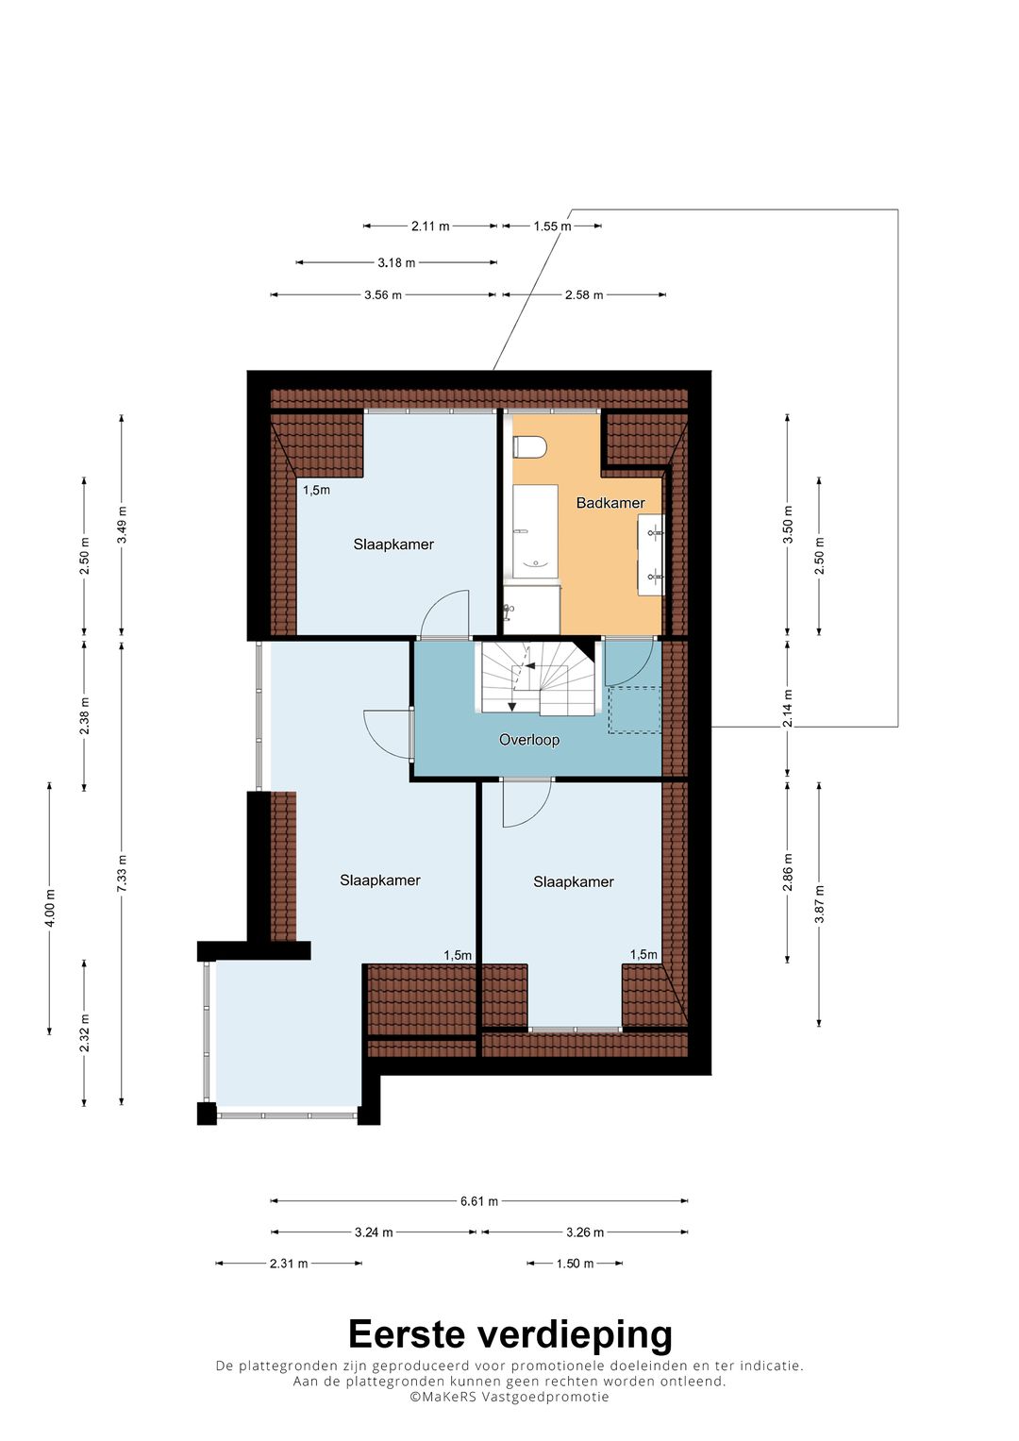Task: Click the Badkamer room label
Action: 610,503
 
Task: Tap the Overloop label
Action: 528,740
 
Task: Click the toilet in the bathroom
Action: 528,446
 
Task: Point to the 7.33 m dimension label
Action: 122,873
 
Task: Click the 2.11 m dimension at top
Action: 430,226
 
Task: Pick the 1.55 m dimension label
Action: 552,226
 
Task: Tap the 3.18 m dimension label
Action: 396,262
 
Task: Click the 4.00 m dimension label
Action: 50,909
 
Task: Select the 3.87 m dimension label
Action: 819,904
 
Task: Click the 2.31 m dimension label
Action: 289,1264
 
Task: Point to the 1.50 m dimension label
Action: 576,1264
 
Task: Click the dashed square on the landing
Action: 635,711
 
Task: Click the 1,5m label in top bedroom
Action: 316,490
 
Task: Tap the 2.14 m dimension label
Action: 788,709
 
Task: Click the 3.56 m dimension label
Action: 383,295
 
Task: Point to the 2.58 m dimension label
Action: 584,295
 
